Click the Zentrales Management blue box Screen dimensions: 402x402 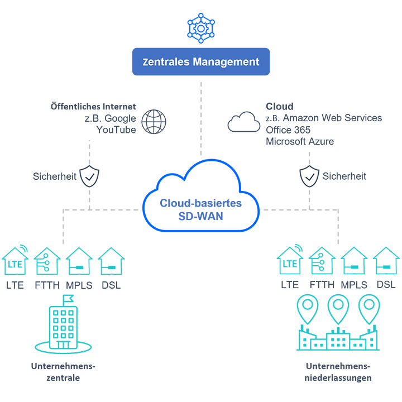(x=200, y=61)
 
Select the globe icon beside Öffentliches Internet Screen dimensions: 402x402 (x=154, y=121)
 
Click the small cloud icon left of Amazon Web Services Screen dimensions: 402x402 (x=243, y=121)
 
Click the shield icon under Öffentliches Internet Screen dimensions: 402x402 (x=89, y=176)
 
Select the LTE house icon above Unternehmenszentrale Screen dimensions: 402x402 (x=15, y=260)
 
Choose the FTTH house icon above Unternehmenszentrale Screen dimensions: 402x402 (x=47, y=261)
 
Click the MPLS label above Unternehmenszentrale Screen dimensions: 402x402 (x=79, y=285)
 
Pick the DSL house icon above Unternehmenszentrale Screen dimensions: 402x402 (x=111, y=261)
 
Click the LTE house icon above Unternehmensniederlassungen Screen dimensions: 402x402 (x=290, y=260)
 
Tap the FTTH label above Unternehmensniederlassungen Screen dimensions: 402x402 (x=322, y=285)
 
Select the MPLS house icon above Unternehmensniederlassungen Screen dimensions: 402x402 (x=354, y=261)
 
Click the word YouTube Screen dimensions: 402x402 (x=116, y=130)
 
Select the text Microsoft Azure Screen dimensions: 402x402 (x=300, y=141)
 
